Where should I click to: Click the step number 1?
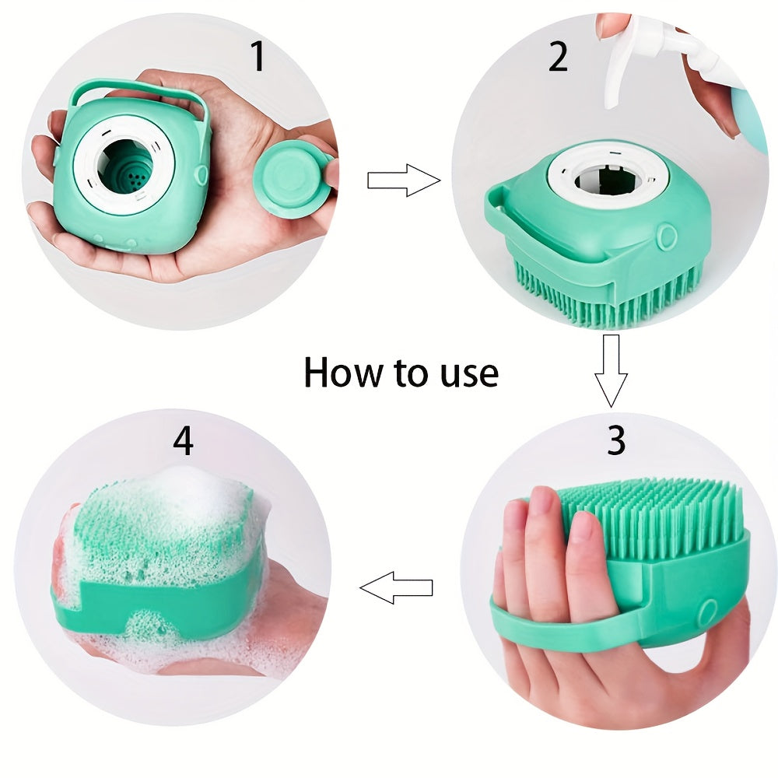[258, 58]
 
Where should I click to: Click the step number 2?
[558, 58]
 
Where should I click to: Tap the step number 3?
[615, 441]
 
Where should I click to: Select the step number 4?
[183, 441]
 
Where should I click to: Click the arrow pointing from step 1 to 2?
[403, 180]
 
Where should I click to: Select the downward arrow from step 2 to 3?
[611, 370]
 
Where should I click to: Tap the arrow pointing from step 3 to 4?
[397, 587]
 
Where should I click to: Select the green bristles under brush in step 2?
[607, 300]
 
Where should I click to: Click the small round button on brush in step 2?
[665, 236]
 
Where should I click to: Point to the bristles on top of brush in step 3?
[654, 513]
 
